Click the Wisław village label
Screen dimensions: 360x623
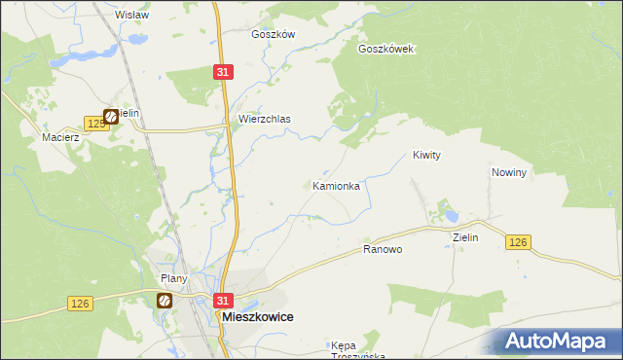(x=131, y=15)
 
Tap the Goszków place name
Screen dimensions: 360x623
(x=273, y=33)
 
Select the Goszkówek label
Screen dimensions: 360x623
(x=386, y=49)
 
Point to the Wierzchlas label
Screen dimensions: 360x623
(x=265, y=119)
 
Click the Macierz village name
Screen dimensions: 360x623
(x=59, y=138)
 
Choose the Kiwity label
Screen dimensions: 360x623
(x=427, y=155)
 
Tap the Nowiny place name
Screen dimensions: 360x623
(x=509, y=172)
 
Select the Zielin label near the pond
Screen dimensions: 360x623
(x=465, y=236)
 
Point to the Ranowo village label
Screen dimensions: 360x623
(x=383, y=249)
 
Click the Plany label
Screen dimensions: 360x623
(x=174, y=278)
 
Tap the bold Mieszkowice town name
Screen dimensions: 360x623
(x=259, y=317)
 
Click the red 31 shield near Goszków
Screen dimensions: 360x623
(x=223, y=72)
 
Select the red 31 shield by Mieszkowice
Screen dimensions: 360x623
(x=224, y=302)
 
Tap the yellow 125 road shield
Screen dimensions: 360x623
(x=95, y=123)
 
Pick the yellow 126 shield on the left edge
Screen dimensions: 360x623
(x=81, y=305)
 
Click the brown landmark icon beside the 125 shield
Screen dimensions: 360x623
(x=112, y=117)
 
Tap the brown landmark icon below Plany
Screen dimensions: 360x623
(x=165, y=301)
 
